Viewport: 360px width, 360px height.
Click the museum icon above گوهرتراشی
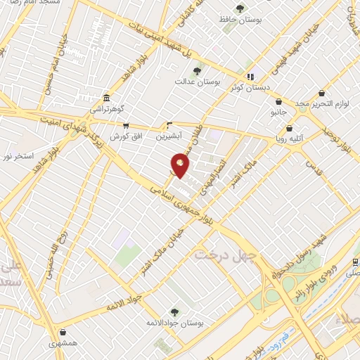coord(106,98)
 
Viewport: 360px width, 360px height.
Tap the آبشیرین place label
coord(169,133)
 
